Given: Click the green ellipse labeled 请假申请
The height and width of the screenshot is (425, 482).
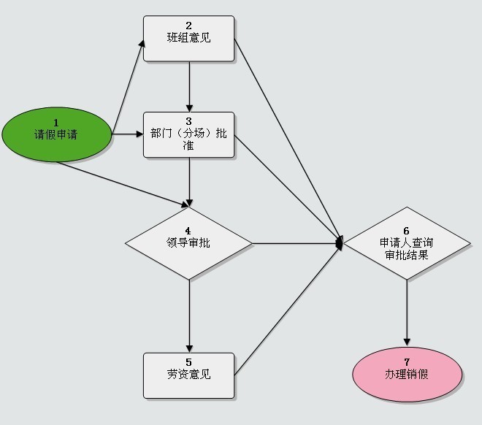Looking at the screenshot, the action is click(x=56, y=134).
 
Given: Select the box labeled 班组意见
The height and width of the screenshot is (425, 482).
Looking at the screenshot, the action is click(x=188, y=39).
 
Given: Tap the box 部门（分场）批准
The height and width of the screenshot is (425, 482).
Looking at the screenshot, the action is click(x=188, y=134).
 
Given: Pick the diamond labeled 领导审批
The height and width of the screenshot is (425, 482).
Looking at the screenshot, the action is click(x=188, y=243).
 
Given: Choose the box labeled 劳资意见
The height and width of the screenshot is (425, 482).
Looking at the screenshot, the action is click(x=188, y=375).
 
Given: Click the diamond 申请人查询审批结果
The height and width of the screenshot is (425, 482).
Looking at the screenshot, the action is click(x=407, y=243).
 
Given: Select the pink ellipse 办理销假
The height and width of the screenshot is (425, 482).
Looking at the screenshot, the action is click(x=407, y=375).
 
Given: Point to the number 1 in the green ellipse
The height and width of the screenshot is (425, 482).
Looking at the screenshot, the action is click(x=56, y=123).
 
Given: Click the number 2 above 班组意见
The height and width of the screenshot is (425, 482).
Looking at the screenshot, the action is click(x=188, y=26).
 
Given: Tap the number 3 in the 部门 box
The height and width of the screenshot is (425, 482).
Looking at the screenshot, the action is click(x=188, y=121).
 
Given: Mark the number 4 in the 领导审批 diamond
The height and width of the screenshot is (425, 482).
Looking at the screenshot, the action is click(x=188, y=231).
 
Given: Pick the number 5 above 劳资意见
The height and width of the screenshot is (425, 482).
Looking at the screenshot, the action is click(x=188, y=362).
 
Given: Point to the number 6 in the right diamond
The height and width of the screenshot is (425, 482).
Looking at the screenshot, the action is click(x=406, y=231).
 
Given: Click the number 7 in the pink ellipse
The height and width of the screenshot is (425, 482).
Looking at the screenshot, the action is click(x=407, y=361).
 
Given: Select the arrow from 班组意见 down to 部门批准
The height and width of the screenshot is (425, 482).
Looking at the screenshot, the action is click(x=189, y=87).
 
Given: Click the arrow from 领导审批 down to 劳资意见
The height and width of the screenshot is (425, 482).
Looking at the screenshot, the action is click(x=189, y=316).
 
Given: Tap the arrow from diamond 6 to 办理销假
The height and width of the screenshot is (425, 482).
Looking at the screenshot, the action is click(x=407, y=313).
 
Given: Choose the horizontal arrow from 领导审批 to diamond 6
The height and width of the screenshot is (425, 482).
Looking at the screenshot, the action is click(x=297, y=243).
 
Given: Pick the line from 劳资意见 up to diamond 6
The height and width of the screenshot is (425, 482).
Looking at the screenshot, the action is click(x=288, y=310).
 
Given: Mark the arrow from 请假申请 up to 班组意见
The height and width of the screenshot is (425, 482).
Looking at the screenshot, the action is click(x=128, y=87).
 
